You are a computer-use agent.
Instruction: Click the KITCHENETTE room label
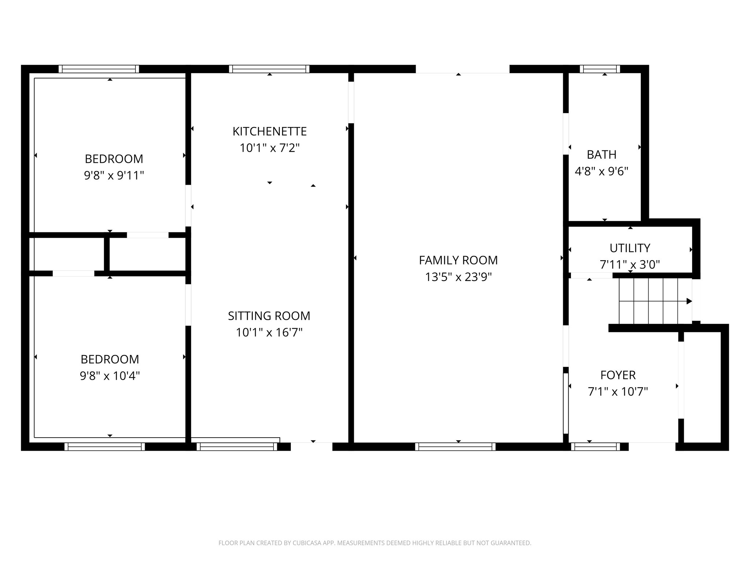270,131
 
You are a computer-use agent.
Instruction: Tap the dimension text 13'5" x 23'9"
458,277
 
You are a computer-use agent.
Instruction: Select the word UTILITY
630,248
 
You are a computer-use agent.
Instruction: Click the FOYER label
618,375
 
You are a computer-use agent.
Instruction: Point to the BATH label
601,155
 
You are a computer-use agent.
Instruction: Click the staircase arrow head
689,301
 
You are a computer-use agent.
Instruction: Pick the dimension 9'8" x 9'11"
114,176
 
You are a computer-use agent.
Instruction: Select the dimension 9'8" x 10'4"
110,376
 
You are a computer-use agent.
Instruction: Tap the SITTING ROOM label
269,316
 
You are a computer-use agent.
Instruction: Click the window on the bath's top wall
600,69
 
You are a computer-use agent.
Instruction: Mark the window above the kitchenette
269,69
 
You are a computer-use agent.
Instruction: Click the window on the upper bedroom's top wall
99,69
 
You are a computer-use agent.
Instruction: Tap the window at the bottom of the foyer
595,447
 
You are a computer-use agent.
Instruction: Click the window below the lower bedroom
105,447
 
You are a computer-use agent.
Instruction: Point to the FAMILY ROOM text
458,261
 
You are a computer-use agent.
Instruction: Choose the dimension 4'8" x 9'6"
601,172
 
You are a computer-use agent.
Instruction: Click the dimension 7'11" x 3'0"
630,265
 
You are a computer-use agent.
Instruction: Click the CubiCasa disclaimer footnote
375,543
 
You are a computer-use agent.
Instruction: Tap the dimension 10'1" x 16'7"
269,333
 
